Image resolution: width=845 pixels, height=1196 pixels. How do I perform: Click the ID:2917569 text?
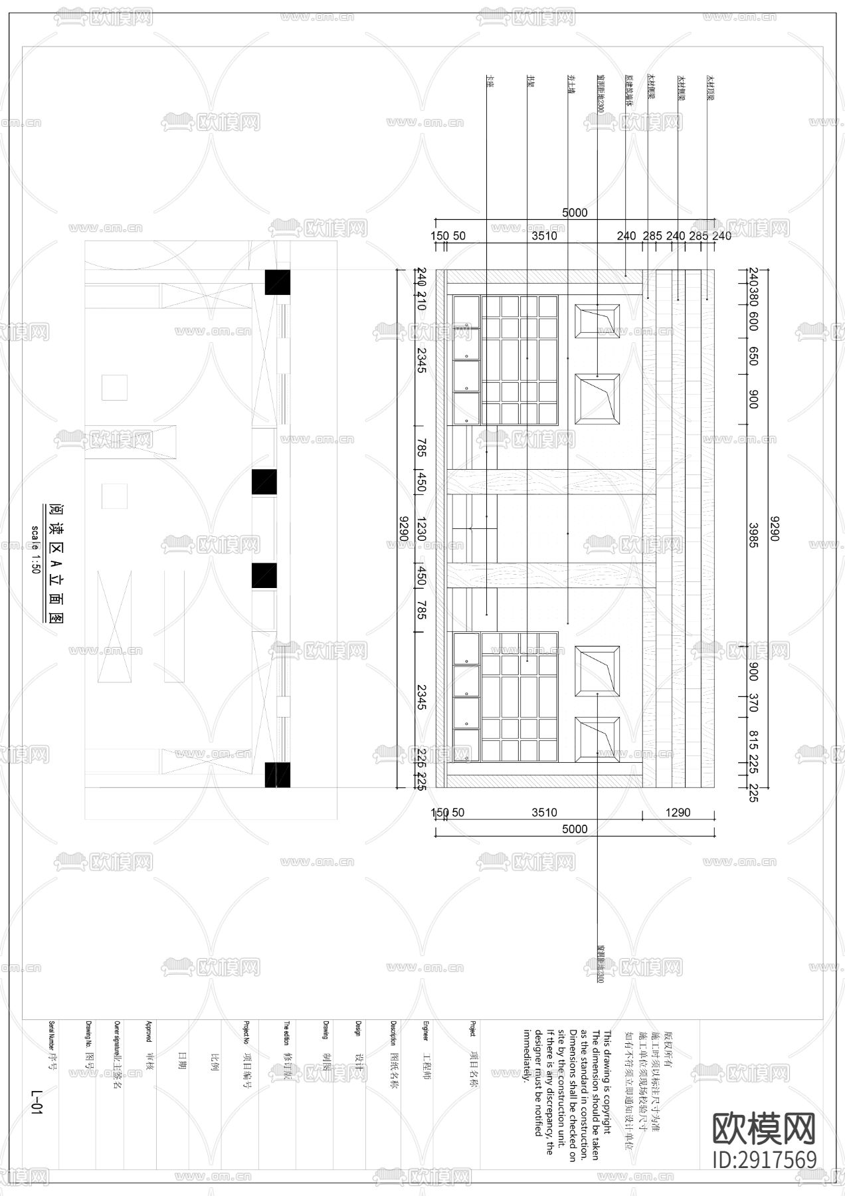(x=764, y=1159)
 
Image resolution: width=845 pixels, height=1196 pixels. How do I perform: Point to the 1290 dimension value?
(x=678, y=812)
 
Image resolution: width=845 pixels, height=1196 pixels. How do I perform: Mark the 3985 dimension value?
(x=753, y=535)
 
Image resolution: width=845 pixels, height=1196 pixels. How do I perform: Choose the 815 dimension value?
(x=753, y=740)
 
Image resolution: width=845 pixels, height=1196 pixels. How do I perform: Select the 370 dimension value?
(x=753, y=703)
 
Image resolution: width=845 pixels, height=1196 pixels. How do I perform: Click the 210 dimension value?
(x=421, y=304)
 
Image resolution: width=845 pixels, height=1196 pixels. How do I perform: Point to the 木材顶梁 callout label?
(x=709, y=88)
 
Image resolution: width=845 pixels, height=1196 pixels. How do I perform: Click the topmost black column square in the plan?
(x=278, y=282)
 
